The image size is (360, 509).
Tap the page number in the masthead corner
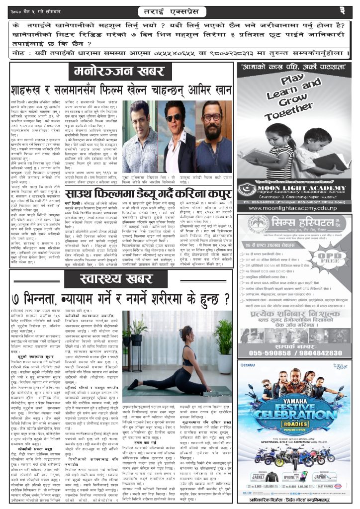coord(349,10)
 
